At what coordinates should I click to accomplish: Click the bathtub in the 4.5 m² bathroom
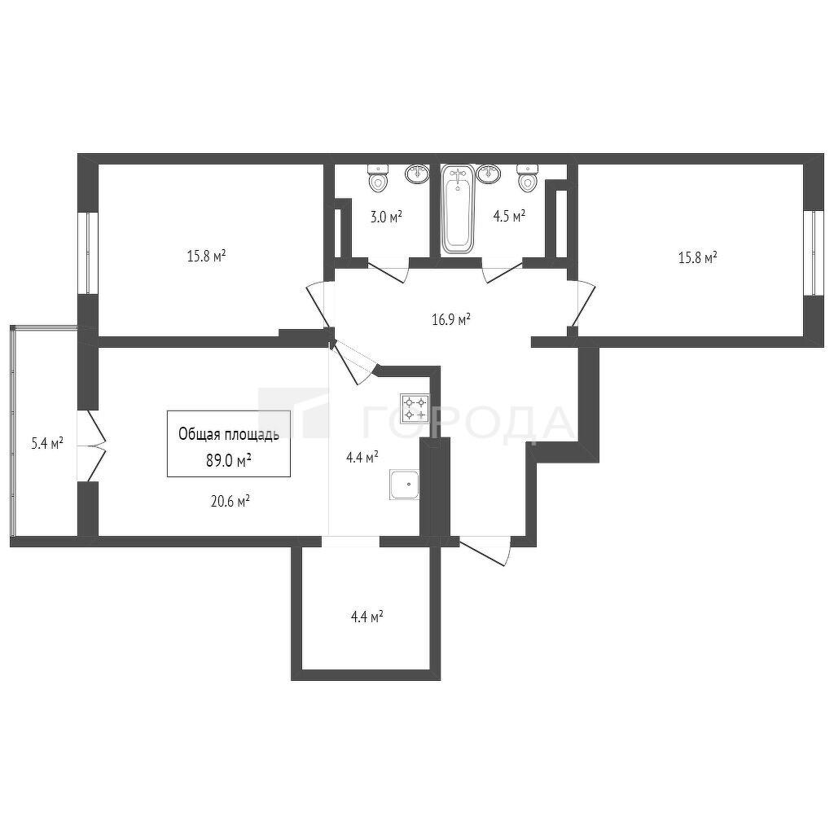(458, 209)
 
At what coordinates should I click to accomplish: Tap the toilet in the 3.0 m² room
(378, 178)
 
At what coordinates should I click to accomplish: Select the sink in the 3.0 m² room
(418, 174)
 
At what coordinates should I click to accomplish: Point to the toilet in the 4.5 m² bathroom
(528, 178)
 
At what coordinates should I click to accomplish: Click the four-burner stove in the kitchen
(415, 408)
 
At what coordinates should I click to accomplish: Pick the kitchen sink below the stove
(405, 485)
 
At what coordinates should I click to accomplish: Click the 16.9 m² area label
(450, 320)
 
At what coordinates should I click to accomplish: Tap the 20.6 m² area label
(230, 501)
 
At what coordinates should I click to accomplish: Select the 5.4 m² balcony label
(47, 443)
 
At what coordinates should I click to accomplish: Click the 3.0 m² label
(385, 217)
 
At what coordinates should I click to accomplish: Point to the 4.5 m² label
(509, 216)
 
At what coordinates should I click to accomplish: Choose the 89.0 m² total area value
(229, 460)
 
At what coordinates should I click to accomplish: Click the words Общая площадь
(229, 435)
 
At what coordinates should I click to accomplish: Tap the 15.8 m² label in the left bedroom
(206, 257)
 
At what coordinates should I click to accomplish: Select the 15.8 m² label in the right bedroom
(698, 258)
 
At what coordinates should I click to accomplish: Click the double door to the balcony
(93, 446)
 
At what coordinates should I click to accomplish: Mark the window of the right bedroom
(814, 252)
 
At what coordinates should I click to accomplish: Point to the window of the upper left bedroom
(88, 253)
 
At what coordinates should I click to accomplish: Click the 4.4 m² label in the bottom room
(367, 617)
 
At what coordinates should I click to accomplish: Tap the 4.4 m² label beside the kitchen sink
(362, 456)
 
